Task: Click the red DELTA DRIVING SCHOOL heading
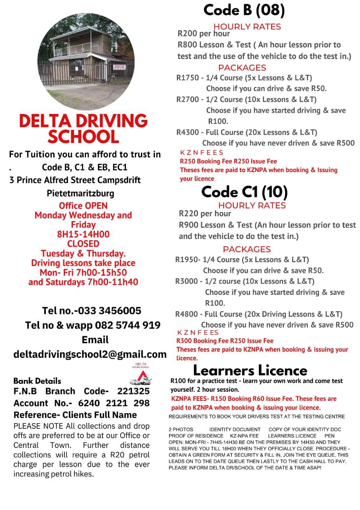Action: click(x=83, y=128)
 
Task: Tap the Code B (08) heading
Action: click(x=244, y=10)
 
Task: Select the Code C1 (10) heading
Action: click(x=244, y=192)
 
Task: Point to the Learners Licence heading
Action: click(x=250, y=370)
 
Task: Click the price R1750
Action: click(x=188, y=78)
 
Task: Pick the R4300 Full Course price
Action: click(x=187, y=132)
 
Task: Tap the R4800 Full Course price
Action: click(x=186, y=314)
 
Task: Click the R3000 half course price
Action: click(x=186, y=281)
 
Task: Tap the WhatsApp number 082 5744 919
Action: click(x=127, y=325)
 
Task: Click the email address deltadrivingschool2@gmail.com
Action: click(x=90, y=354)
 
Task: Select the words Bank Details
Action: click(x=37, y=381)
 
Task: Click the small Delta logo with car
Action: click(x=141, y=374)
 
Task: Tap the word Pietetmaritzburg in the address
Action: click(x=80, y=194)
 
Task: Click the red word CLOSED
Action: click(x=83, y=243)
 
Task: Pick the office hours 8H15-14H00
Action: click(x=83, y=234)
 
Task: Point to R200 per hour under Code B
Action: click(x=204, y=34)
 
